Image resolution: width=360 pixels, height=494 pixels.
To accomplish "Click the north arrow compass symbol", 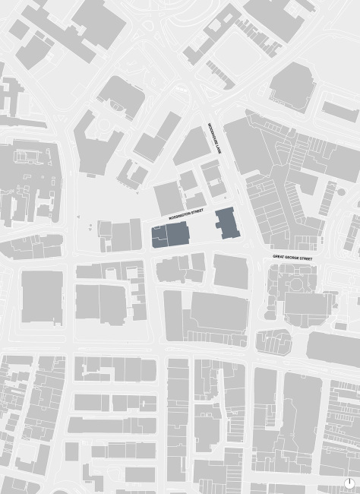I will [x=349, y=483].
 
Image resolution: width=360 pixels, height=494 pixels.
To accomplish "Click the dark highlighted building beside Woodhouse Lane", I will [x=226, y=223].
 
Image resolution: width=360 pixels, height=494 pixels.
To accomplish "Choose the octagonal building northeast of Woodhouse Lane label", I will [x=292, y=86].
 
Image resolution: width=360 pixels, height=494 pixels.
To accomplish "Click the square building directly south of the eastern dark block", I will [x=230, y=271].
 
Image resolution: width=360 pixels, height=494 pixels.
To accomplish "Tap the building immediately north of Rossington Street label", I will [x=169, y=198].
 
